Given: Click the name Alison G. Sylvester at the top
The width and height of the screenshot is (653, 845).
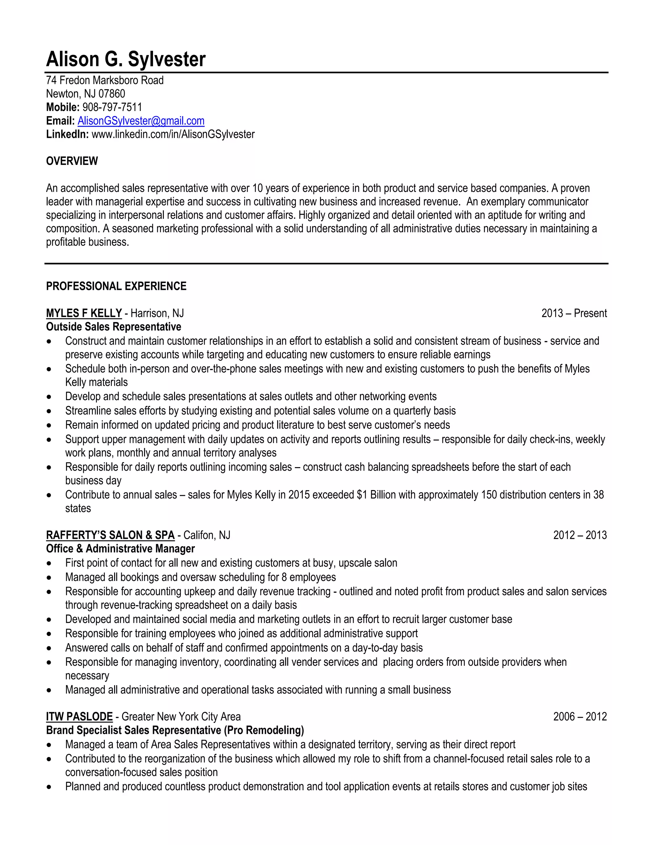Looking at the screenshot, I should (x=126, y=59).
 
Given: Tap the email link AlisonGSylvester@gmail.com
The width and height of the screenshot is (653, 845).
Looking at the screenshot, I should (x=141, y=121).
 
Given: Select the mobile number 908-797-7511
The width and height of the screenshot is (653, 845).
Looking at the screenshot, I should (x=112, y=107).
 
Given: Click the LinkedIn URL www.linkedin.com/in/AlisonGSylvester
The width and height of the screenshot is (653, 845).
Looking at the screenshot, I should (x=173, y=134).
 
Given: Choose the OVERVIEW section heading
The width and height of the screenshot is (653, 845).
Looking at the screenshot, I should (x=72, y=161).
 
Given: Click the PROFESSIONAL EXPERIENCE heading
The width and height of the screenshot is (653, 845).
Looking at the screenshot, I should (x=116, y=286).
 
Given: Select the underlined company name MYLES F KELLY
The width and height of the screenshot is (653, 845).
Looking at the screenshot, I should (x=84, y=313).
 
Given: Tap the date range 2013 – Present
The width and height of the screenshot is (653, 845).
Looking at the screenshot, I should (x=574, y=313).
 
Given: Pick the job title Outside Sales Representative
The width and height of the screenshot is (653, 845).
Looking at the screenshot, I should (x=113, y=327).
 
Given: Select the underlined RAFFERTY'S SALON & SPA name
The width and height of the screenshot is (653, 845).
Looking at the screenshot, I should (x=110, y=535).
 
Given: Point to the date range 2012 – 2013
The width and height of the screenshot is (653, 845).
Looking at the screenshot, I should (x=579, y=535).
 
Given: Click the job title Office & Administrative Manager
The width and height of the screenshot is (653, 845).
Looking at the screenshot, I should (x=120, y=549).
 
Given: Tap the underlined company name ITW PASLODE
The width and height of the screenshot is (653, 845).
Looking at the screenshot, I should (x=79, y=716).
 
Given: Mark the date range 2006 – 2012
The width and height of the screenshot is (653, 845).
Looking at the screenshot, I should (x=579, y=716).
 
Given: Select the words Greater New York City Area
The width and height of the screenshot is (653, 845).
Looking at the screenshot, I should (x=181, y=716).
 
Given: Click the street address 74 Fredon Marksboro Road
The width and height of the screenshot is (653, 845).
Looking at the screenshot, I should (x=105, y=80).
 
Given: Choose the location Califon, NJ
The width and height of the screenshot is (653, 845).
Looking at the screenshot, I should (x=207, y=535).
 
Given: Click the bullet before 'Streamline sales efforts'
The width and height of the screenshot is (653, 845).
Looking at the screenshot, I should (x=49, y=411).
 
